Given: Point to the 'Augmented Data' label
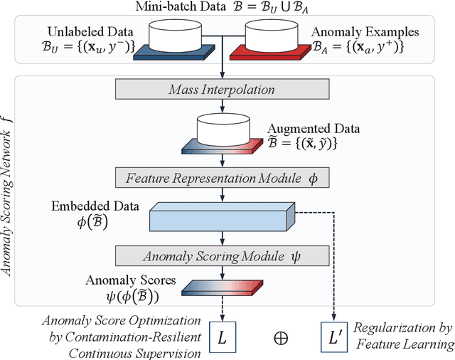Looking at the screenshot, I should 314,129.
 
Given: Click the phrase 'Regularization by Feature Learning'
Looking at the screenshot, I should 405,335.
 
